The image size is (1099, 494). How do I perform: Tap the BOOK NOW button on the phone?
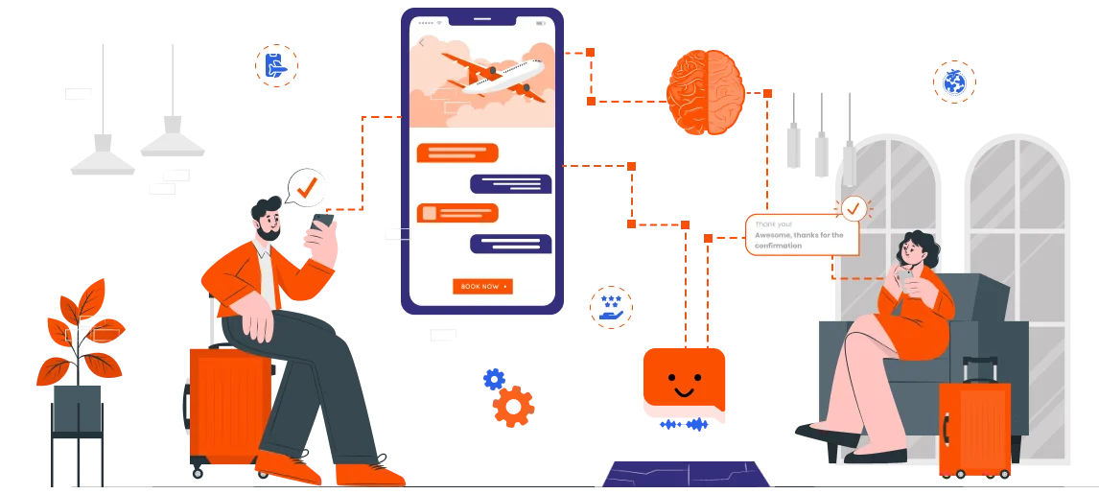[482, 287]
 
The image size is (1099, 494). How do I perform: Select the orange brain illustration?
[706, 92]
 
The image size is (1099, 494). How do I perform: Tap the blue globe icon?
[954, 82]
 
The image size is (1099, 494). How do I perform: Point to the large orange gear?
[514, 407]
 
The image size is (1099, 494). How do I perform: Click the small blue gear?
[494, 379]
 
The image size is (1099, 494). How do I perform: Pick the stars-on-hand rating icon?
[611, 307]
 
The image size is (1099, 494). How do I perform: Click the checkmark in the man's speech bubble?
[307, 187]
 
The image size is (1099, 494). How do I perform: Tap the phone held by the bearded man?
[321, 223]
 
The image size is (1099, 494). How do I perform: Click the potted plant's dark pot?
[77, 409]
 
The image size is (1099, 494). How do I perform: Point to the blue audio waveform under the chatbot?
[684, 424]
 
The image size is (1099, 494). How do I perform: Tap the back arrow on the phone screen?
[421, 43]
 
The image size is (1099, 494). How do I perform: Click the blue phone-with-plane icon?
[276, 66]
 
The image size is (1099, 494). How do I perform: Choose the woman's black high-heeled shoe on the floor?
[828, 435]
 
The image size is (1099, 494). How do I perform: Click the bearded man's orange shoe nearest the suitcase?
[288, 467]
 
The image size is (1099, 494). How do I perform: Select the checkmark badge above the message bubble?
[853, 208]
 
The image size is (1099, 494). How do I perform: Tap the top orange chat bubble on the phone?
[457, 153]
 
